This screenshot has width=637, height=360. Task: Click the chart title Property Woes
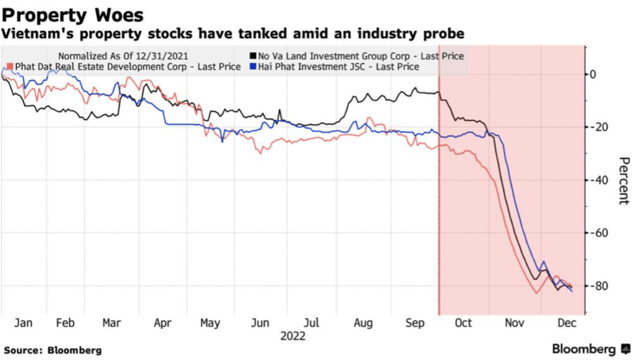73,14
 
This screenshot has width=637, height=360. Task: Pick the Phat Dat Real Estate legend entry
127,67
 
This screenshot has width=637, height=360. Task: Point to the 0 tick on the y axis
593,74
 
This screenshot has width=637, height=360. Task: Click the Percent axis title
623,180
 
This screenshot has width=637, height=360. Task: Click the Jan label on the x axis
23,323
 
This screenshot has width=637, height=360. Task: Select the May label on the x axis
210,323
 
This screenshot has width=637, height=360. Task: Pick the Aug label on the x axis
363,323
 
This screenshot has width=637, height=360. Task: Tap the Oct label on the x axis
464,323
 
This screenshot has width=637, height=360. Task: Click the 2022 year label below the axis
292,337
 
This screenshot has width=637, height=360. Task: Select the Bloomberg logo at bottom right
588,349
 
